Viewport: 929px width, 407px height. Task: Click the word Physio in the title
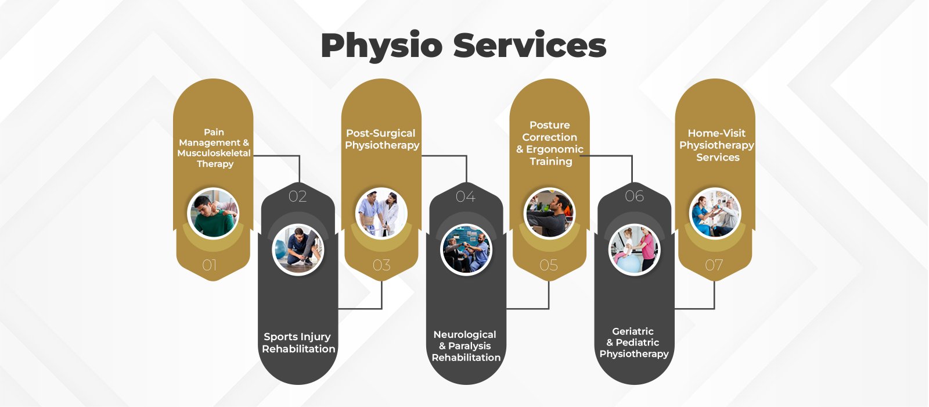[381, 47]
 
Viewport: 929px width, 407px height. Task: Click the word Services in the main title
[530, 45]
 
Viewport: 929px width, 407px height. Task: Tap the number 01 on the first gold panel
[210, 266]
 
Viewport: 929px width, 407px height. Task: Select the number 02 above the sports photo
[297, 197]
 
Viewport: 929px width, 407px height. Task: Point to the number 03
[381, 266]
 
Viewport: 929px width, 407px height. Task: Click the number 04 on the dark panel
[466, 197]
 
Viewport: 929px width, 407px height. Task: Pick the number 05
[549, 266]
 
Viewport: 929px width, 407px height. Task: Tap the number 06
[634, 197]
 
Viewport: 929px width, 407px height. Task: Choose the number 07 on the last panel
[714, 266]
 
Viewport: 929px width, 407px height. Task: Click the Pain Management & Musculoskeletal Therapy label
[214, 148]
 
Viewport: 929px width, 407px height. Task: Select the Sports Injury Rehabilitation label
[298, 343]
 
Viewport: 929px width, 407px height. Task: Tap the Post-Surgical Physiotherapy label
[381, 140]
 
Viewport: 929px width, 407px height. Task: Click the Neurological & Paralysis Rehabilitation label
[466, 346]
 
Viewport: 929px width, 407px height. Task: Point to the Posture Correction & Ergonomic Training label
[550, 143]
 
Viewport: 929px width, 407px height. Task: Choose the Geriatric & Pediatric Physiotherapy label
[634, 342]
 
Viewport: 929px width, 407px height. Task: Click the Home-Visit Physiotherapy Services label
[717, 145]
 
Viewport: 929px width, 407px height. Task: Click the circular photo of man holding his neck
[213, 213]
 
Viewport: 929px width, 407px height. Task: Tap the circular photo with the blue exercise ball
[635, 250]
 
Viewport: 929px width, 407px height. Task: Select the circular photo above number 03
[381, 213]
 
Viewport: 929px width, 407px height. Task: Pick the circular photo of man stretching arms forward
[549, 213]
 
